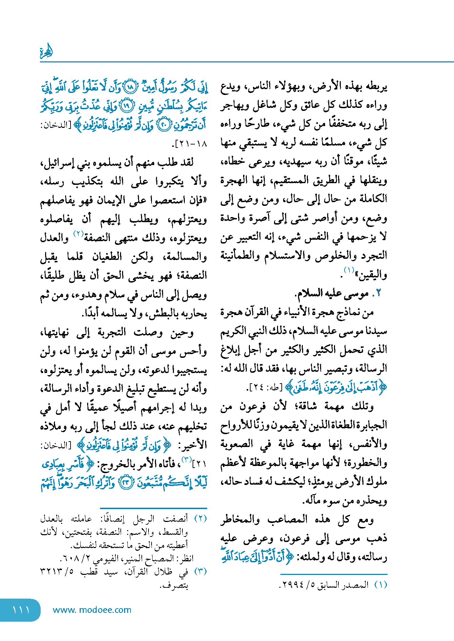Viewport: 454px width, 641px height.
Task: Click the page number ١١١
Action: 21,610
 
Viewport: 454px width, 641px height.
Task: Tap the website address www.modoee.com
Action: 92,610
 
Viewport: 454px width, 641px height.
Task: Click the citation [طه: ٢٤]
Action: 265,387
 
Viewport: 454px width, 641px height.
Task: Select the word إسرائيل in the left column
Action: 56,163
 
